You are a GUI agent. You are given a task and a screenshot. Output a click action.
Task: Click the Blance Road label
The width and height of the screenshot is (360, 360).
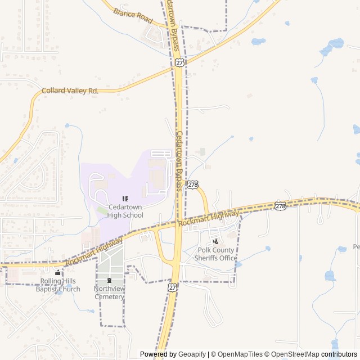tap(133, 13)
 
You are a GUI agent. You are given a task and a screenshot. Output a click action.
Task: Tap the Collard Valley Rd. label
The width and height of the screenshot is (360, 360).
tap(70, 91)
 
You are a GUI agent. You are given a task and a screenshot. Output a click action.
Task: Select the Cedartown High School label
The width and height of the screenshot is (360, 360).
tap(125, 211)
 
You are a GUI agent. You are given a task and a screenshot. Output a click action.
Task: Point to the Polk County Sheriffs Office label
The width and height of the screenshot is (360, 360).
tap(216, 254)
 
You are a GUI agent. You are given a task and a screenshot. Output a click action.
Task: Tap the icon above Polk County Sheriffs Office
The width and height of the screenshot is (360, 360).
tap(215, 241)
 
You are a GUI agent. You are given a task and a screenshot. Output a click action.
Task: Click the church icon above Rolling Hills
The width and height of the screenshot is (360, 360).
tap(58, 273)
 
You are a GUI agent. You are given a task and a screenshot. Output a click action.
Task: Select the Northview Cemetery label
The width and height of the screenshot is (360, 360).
tap(109, 292)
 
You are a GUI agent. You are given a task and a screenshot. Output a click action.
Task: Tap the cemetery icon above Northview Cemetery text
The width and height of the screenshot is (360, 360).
tap(109, 280)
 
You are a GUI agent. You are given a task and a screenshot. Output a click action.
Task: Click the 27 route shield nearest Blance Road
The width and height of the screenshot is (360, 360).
tap(179, 62)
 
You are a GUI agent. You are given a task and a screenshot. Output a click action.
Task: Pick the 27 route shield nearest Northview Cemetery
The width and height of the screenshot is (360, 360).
tap(172, 287)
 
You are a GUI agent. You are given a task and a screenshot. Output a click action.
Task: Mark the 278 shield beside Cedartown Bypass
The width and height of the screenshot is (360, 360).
tap(193, 184)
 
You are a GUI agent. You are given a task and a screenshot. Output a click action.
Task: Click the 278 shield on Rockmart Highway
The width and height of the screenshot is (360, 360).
tap(280, 206)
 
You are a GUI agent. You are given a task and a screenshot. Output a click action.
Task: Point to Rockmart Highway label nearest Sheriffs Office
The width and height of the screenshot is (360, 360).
tap(208, 219)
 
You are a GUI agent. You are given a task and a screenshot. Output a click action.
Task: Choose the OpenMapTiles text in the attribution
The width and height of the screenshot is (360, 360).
tap(238, 354)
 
